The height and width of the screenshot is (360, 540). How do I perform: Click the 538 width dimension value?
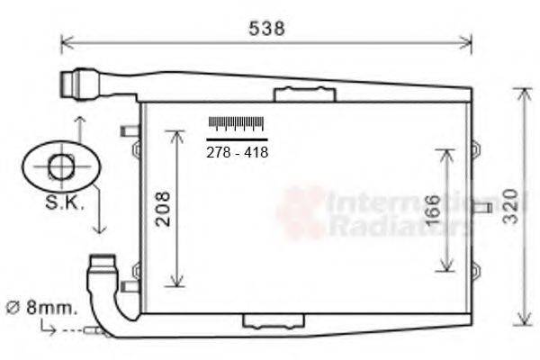(x=266, y=28)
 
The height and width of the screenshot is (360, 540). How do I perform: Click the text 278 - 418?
(x=238, y=152)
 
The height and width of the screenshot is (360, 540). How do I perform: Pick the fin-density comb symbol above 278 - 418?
(x=237, y=124)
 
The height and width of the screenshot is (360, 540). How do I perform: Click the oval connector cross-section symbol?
(x=61, y=166)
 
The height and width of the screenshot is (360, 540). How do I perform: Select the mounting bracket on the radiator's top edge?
(x=304, y=94)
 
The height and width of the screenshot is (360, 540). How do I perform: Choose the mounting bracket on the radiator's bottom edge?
(x=274, y=321)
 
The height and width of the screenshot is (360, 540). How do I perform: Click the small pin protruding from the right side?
(x=481, y=208)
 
